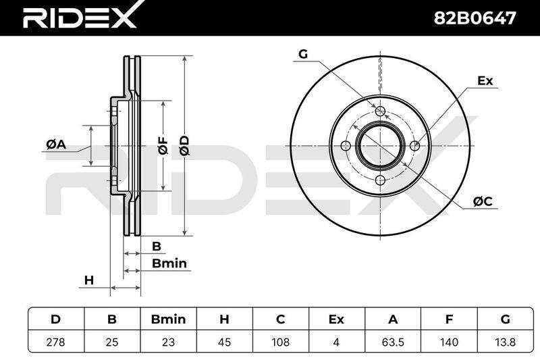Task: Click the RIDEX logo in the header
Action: (x=80, y=15)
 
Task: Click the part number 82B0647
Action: (x=475, y=18)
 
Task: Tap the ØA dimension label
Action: (x=56, y=145)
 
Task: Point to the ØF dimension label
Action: (x=163, y=145)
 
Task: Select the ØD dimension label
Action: (x=184, y=145)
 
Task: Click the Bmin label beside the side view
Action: (x=169, y=263)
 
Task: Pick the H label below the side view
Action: (x=89, y=280)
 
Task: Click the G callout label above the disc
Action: (x=303, y=54)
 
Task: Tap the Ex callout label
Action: (x=485, y=80)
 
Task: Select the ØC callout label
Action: (x=483, y=201)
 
